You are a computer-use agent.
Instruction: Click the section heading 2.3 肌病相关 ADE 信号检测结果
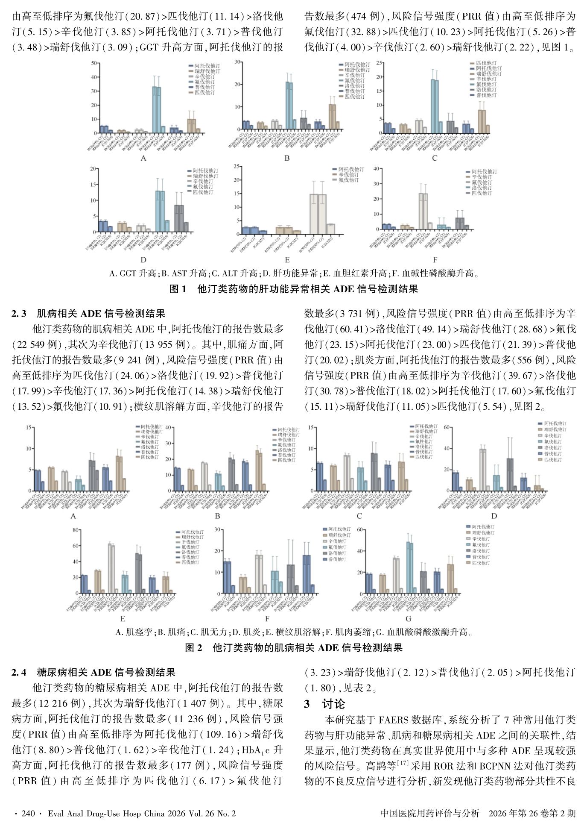click(x=88, y=314)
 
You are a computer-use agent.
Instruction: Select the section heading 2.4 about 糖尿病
click(x=93, y=672)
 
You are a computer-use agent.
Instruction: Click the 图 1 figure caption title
click(x=293, y=289)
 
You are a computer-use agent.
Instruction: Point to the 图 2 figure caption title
click(x=293, y=648)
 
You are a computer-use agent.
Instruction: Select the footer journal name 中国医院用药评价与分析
click(x=430, y=813)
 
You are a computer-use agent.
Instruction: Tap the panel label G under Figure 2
click(x=408, y=619)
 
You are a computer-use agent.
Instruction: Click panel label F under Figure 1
click(x=435, y=260)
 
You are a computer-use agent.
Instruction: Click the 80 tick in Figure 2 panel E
click(x=76, y=530)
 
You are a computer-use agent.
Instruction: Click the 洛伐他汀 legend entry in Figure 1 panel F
click(x=482, y=188)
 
